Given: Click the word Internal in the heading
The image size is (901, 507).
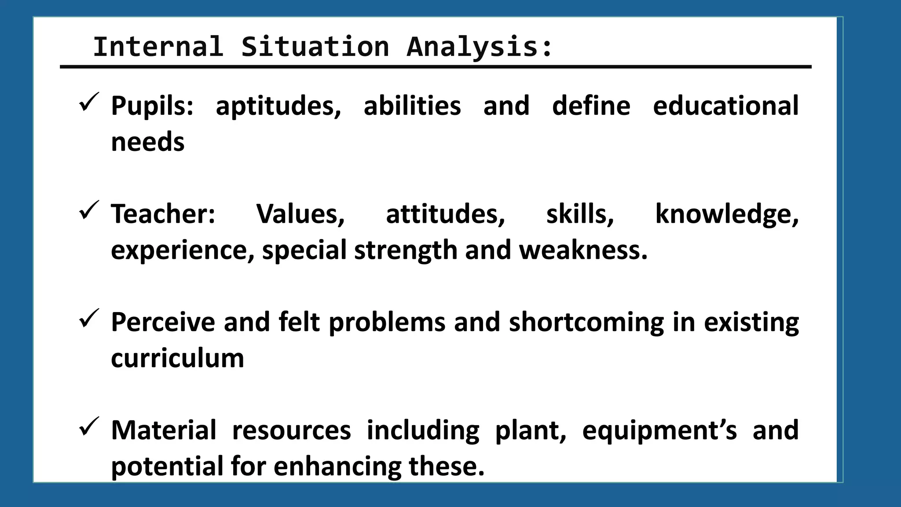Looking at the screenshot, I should click(158, 47).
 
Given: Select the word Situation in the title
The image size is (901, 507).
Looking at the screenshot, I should click(315, 47).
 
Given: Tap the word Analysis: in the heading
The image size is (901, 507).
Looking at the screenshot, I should click(480, 47).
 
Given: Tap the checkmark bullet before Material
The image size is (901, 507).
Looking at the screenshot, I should click(89, 426).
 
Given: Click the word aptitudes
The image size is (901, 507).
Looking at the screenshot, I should click(278, 106).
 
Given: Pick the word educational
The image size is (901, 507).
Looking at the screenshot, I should click(725, 106).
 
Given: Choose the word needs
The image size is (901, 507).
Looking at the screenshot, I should click(148, 142).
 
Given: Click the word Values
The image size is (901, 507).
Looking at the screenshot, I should click(300, 214).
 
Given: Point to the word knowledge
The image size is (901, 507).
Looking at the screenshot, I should click(727, 214).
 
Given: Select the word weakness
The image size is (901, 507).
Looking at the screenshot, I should click(583, 250).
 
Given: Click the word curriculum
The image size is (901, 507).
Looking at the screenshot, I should click(177, 358).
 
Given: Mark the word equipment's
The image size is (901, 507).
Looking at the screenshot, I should click(659, 430).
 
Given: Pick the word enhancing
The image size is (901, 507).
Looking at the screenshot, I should click(337, 467).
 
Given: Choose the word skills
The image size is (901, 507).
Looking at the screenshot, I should click(580, 214).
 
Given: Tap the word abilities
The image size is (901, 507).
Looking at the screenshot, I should click(412, 106).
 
